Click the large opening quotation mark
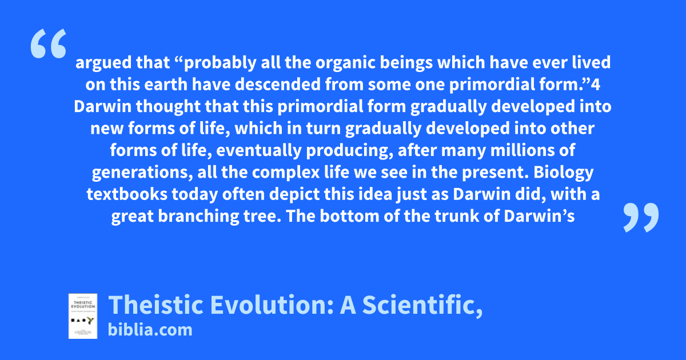(x=49, y=43)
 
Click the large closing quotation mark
(x=641, y=217)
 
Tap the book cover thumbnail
(x=83, y=316)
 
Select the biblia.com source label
(x=150, y=330)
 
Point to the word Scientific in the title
(x=422, y=305)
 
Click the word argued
(x=103, y=63)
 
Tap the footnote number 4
(x=595, y=85)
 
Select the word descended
(x=278, y=85)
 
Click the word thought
(x=168, y=107)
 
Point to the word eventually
(x=259, y=151)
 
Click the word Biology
(x=564, y=173)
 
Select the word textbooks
(x=127, y=194)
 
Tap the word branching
(x=198, y=217)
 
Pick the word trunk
(x=457, y=217)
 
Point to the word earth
(x=166, y=85)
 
